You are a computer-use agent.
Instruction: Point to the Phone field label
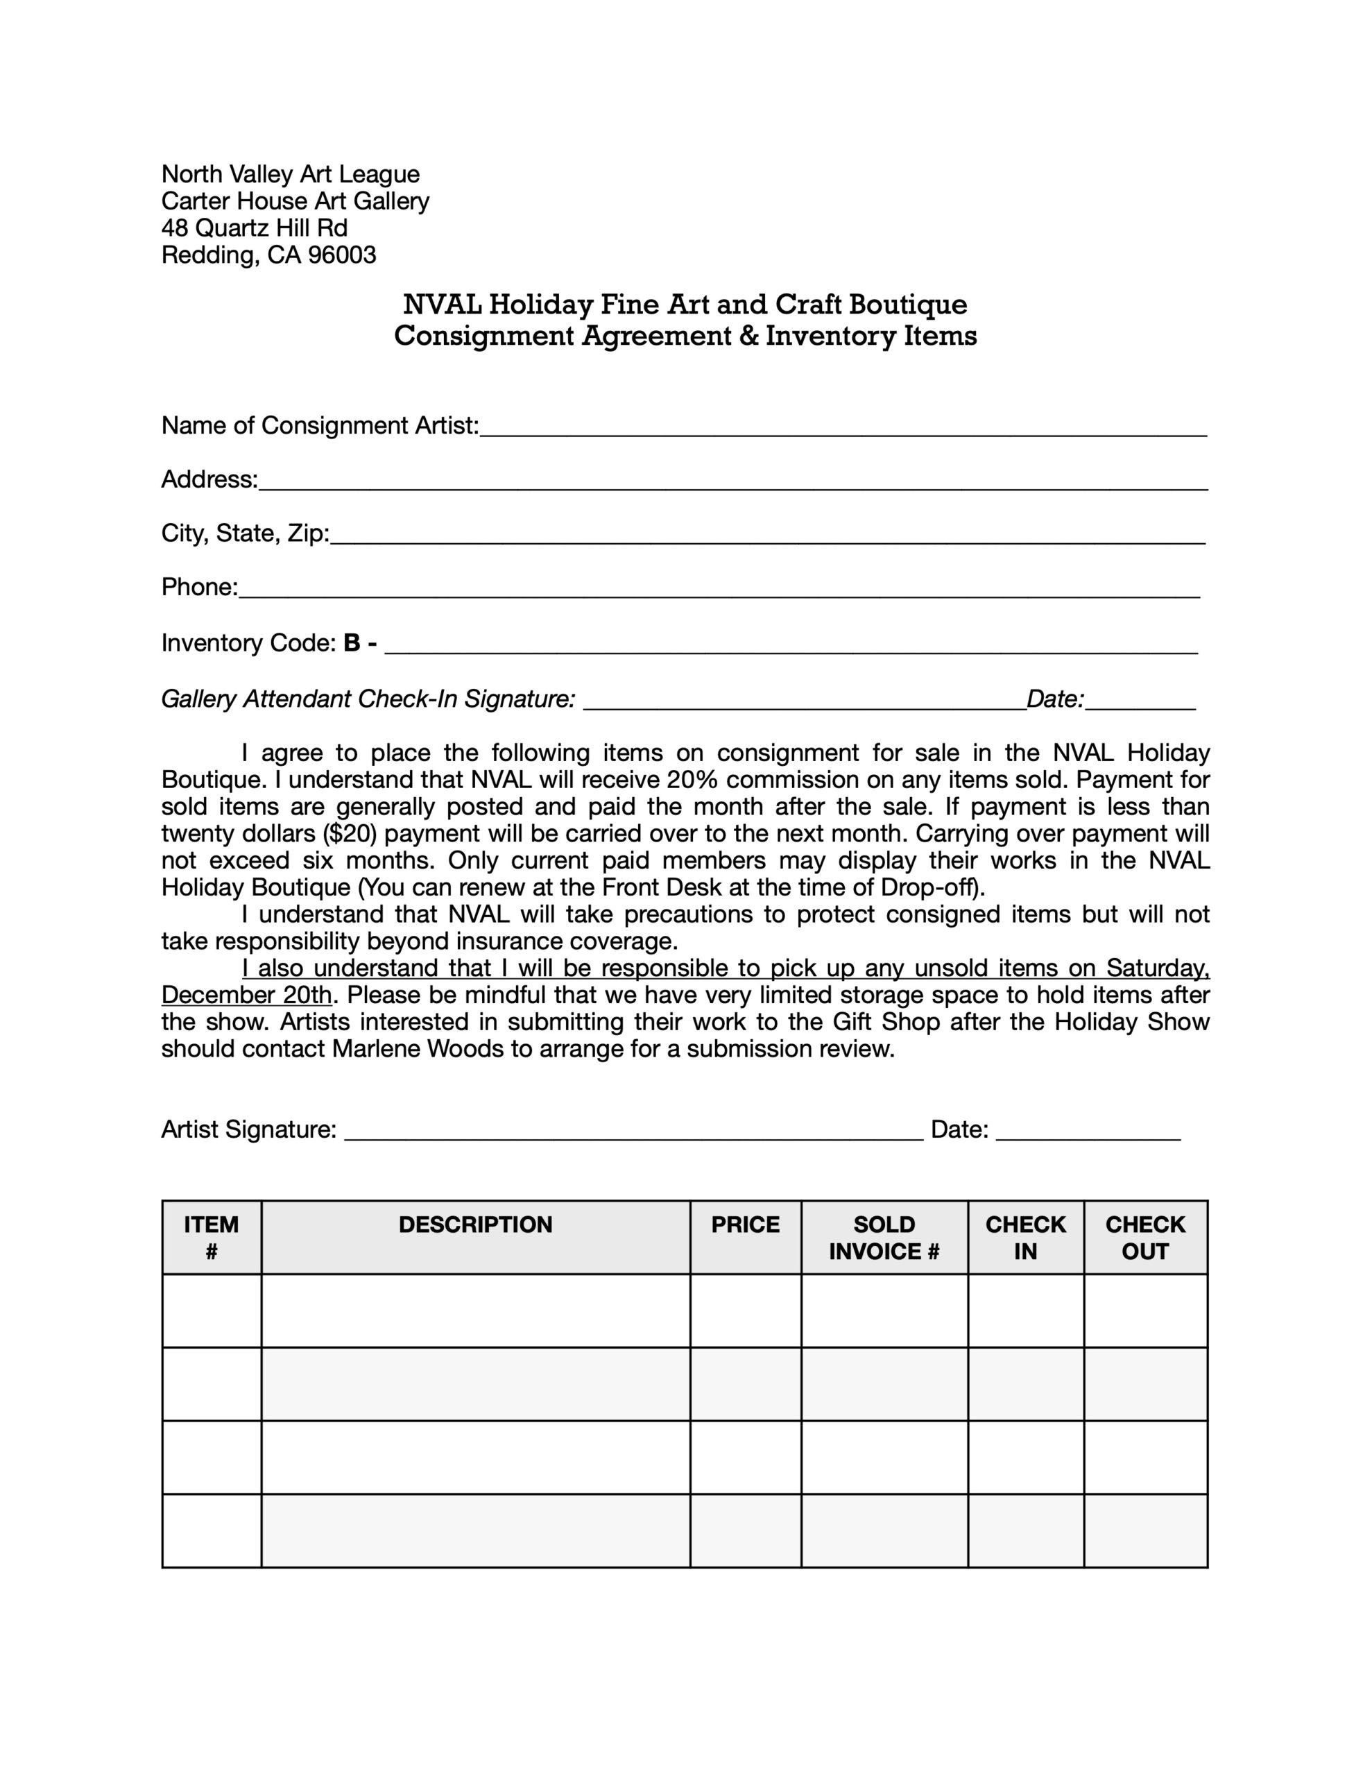point(199,587)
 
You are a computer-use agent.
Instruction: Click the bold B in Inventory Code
point(352,643)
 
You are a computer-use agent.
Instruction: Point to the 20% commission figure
point(692,780)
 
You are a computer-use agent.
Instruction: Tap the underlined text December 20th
point(246,996)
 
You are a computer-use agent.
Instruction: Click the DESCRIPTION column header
point(475,1224)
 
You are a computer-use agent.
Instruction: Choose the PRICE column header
point(745,1224)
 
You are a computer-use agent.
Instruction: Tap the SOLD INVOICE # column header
point(884,1237)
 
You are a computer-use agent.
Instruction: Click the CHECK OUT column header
point(1144,1237)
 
